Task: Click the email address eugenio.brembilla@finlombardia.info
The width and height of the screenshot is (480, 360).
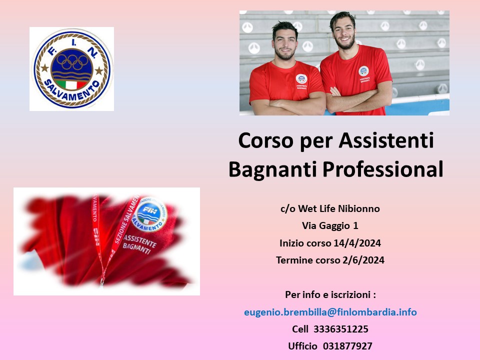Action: click(330, 312)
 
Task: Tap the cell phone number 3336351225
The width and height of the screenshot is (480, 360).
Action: click(340, 329)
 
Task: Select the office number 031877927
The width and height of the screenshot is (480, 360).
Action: click(347, 346)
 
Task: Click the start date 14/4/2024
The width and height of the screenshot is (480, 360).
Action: click(357, 243)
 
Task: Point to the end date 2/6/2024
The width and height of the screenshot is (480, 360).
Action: click(363, 260)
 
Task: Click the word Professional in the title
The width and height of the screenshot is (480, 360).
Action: click(383, 169)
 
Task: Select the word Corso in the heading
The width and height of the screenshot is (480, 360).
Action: click(265, 141)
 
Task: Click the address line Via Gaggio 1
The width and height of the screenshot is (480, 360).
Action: click(330, 226)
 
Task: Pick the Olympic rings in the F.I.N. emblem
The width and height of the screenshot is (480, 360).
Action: click(72, 62)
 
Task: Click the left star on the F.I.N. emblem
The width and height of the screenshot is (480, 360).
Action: click(44, 67)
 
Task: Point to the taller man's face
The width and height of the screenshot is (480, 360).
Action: click(344, 33)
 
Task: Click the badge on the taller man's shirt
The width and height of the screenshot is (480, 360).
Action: click(363, 71)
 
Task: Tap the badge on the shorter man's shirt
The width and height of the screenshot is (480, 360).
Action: click(301, 79)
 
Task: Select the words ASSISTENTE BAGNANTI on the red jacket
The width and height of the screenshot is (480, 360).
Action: click(139, 244)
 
